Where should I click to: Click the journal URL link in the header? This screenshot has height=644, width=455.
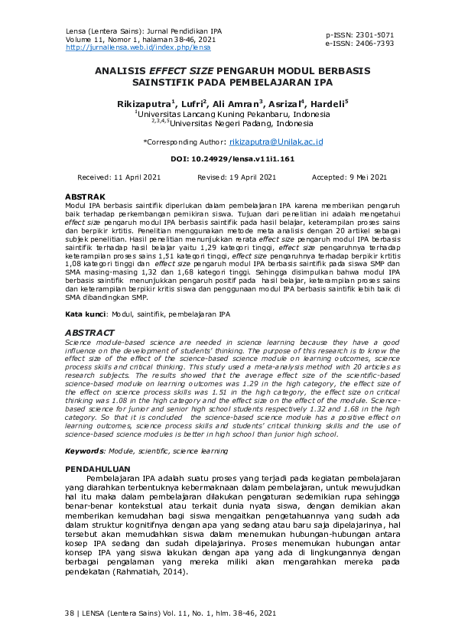tap(138, 47)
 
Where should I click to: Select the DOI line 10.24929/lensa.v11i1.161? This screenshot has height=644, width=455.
tap(232, 160)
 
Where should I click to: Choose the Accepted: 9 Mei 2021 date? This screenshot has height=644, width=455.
tap(349, 177)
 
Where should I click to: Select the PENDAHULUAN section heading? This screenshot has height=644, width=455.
tap(97, 467)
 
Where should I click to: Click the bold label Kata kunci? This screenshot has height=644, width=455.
tap(84, 314)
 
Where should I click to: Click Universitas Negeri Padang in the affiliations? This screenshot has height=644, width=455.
tap(229, 122)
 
